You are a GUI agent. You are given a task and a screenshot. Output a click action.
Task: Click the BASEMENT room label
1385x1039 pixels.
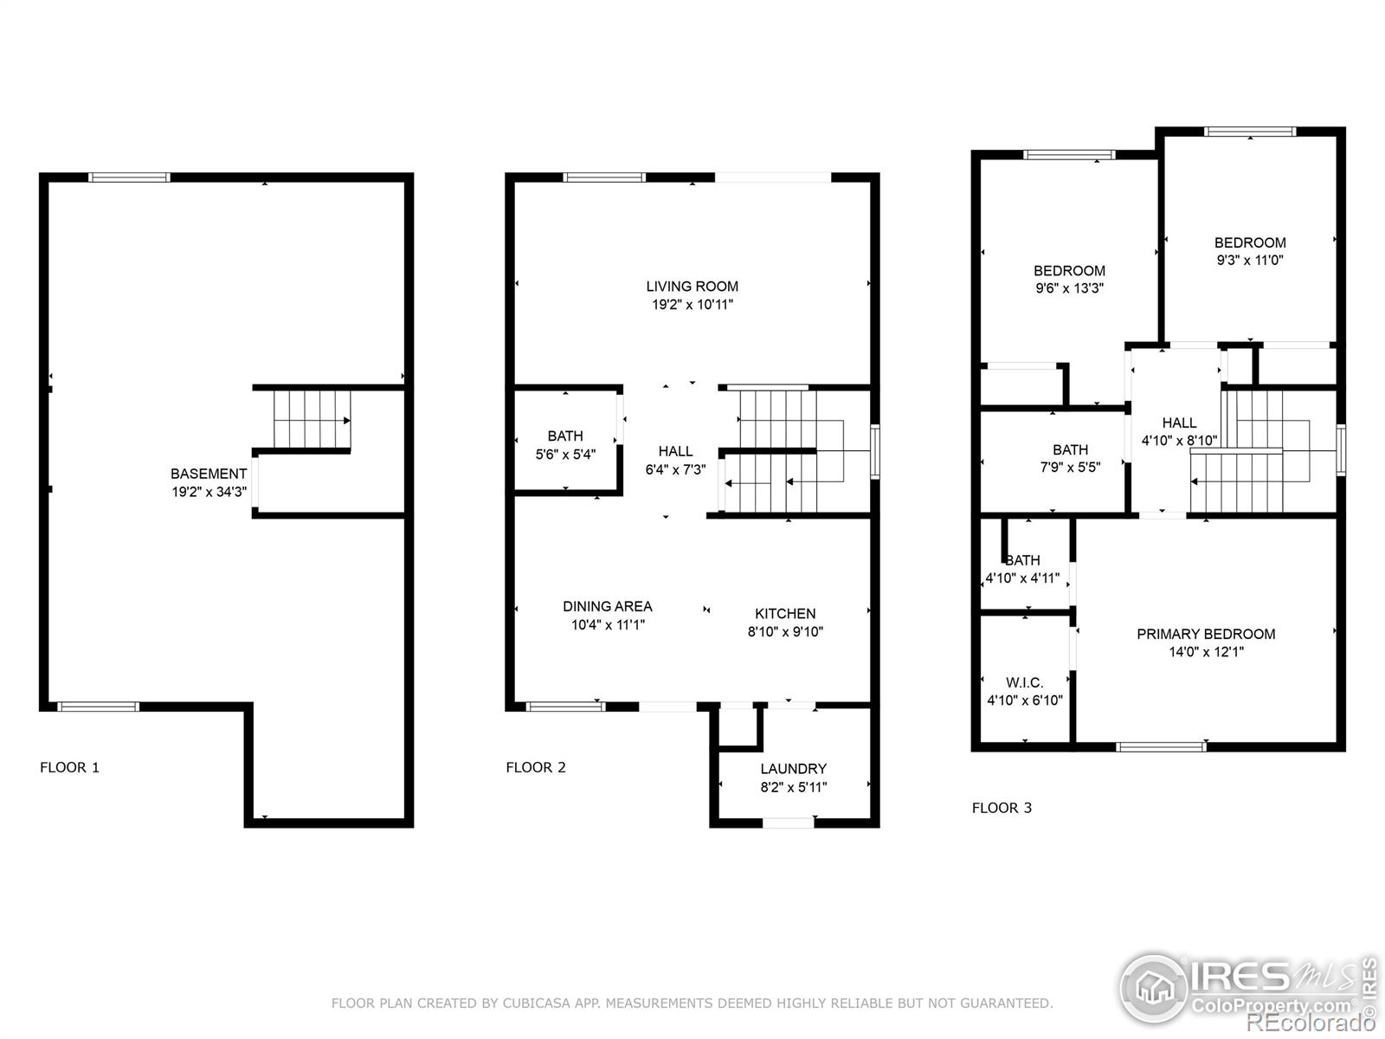pos(208,474)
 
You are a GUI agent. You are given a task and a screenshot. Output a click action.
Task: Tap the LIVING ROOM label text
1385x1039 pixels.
pos(692,287)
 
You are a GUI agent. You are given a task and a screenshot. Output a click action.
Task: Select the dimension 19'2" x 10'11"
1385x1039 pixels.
pos(692,305)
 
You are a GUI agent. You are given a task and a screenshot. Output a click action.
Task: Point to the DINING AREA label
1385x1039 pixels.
pos(607,607)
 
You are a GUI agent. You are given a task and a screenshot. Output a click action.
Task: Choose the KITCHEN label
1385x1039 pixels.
pos(785,614)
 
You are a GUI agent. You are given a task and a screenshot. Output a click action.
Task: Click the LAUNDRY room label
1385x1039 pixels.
pos(793,769)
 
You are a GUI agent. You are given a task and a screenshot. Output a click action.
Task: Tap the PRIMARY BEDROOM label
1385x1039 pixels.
pos(1205,635)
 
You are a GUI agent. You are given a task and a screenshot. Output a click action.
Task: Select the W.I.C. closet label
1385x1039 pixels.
pos(1024,683)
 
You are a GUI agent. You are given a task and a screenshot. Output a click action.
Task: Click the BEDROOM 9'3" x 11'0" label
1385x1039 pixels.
pos(1249,243)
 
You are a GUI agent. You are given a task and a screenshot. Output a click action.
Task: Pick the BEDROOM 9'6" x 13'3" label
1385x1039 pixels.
pos(1069,271)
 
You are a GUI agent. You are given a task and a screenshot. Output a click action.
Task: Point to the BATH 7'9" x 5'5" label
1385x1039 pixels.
pos(1070,450)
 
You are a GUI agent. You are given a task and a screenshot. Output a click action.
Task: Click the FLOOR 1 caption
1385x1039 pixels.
pos(69,767)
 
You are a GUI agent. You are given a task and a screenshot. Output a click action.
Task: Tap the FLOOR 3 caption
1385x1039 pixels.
pos(1002,808)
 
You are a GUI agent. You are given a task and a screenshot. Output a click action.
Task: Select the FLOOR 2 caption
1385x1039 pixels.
pos(536,767)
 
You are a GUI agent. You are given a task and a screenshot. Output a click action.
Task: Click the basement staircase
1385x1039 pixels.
pos(312,420)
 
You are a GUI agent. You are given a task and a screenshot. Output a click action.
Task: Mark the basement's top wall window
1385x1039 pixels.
pos(129,177)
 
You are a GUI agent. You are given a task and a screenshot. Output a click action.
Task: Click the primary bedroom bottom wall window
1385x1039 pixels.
pos(1161,746)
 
